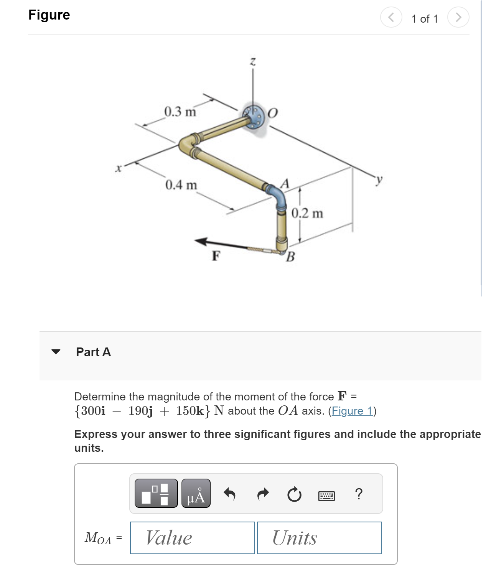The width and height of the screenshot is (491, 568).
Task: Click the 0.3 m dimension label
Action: coord(180,112)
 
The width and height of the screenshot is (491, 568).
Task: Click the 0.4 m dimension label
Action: coord(181,185)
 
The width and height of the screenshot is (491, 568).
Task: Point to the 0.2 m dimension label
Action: coord(307,213)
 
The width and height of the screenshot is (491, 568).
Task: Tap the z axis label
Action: coord(253,61)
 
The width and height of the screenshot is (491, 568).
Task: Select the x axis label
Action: coord(119,168)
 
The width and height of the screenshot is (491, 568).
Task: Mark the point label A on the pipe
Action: coord(285,183)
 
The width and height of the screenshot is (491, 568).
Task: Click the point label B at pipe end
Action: coord(290,256)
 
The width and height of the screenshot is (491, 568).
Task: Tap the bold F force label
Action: coord(216,255)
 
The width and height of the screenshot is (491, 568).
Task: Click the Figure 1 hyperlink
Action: coord(352,411)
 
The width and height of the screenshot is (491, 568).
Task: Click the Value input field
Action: coord(192,538)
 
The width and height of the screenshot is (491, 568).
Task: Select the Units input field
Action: coord(319,538)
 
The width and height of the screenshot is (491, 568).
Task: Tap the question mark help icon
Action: coord(359,494)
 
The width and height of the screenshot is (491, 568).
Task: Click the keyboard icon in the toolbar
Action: coord(326,496)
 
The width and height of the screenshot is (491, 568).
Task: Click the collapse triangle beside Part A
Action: coord(56,352)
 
